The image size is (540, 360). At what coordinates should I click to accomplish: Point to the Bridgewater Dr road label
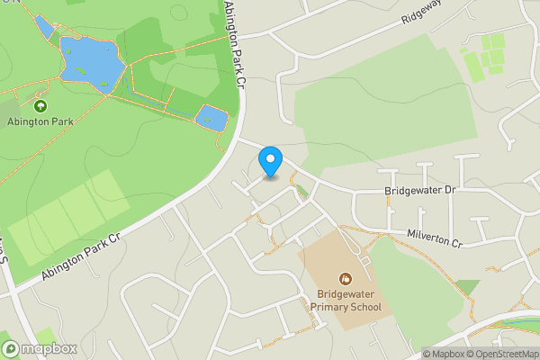point(421,192)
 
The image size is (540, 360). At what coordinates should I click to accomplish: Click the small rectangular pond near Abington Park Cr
point(211,117)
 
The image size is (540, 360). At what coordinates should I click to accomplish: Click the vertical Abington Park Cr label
point(233,44)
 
